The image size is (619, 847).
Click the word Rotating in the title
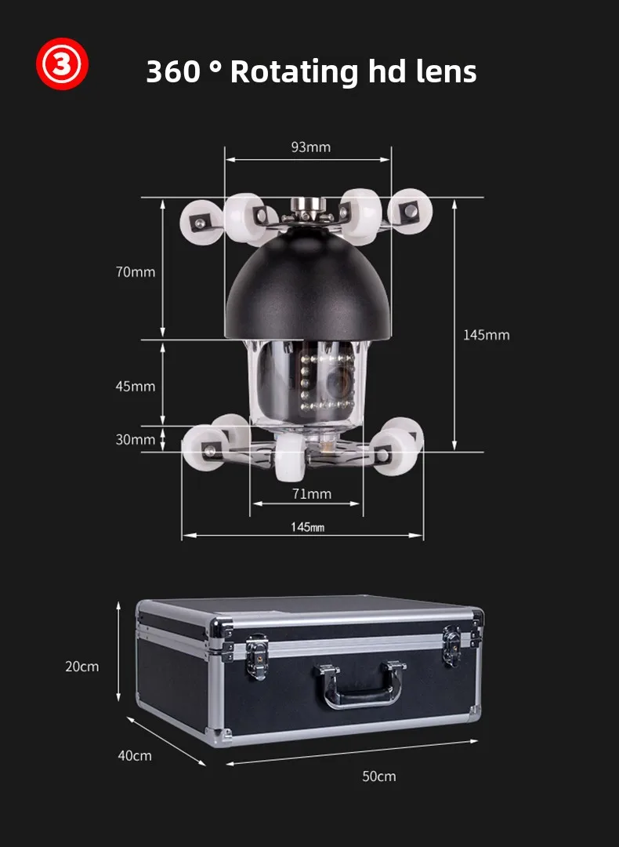point(294,71)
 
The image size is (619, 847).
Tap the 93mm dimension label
point(310,147)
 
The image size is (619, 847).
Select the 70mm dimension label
point(136,272)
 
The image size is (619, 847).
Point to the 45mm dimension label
point(136,386)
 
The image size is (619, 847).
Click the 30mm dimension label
point(136,439)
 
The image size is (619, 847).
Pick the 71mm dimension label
point(311,493)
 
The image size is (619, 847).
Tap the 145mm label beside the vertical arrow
point(486,335)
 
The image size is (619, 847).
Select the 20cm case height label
point(82,667)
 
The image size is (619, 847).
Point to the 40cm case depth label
point(135,755)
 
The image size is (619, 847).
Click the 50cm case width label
point(378,776)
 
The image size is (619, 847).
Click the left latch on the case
point(256,655)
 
